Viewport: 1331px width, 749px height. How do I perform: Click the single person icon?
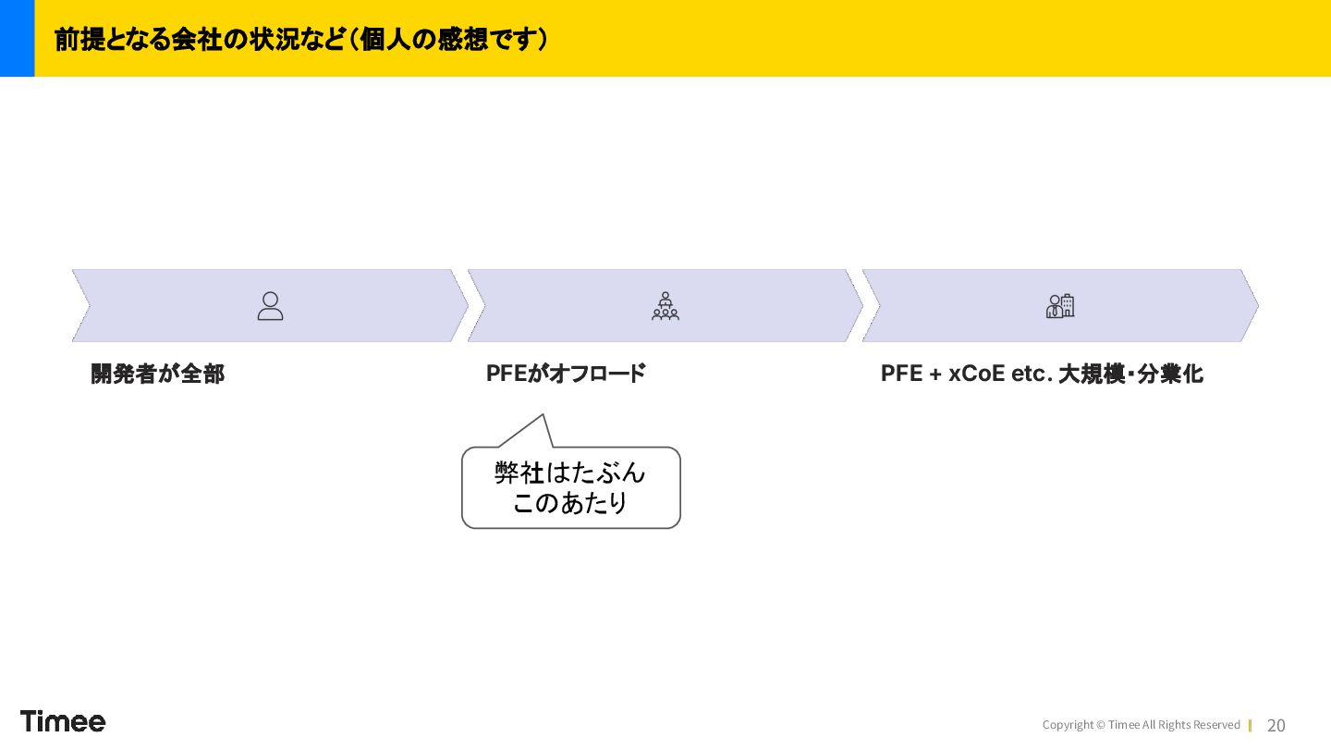(x=270, y=306)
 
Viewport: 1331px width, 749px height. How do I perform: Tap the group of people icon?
(x=665, y=306)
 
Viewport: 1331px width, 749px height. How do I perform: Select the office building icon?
(x=1060, y=306)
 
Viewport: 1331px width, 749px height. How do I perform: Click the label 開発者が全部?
(x=157, y=374)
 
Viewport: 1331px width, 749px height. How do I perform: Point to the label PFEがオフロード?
(x=566, y=374)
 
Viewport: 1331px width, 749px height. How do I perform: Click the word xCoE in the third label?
(x=977, y=374)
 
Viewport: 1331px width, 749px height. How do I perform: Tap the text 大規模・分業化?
(x=1130, y=374)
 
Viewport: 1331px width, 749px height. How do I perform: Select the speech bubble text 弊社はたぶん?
(x=570, y=473)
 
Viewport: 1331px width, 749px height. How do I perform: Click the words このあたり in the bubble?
(x=570, y=503)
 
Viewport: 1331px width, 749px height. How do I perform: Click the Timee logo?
(x=63, y=721)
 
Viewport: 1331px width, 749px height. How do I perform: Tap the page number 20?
(x=1276, y=726)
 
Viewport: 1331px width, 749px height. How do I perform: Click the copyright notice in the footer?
(x=1141, y=725)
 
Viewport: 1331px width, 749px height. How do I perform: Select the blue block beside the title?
(x=17, y=38)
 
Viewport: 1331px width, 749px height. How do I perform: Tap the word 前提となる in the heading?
(x=112, y=40)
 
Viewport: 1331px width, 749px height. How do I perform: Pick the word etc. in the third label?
(x=1032, y=374)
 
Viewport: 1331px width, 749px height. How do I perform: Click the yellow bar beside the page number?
(x=1250, y=726)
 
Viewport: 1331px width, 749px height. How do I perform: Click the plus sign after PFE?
(x=935, y=374)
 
